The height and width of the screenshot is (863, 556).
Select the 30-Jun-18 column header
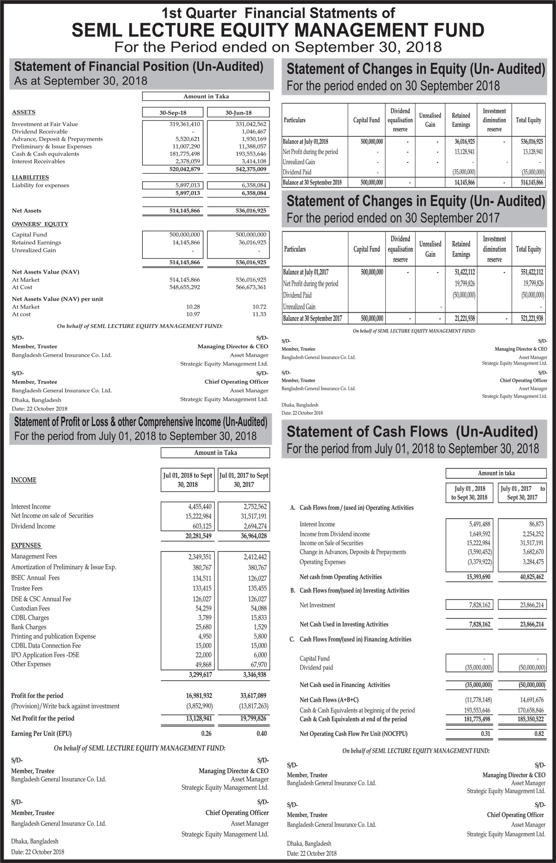coord(238,113)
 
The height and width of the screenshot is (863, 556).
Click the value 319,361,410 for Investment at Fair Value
coord(185,124)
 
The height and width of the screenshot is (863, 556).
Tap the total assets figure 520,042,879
coord(185,169)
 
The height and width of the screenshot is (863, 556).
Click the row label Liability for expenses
coord(41,186)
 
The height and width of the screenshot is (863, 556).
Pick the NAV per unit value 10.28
coord(193,307)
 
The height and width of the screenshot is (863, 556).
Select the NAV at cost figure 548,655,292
coord(185,287)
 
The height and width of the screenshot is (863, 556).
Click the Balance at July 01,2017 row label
coord(306,272)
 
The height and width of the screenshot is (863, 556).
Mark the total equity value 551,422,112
coord(532,272)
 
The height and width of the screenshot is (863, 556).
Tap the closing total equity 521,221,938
coord(532,318)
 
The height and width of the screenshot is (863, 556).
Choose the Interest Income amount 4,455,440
coord(200,507)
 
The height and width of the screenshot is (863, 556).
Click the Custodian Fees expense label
coord(31,608)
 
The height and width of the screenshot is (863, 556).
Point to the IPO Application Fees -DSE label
coord(45,655)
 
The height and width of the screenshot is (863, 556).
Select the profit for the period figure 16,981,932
coord(199,696)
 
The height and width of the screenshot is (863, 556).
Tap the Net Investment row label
coord(317,605)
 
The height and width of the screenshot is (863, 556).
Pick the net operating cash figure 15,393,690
coord(478,577)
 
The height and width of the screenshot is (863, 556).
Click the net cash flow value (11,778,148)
coord(478,700)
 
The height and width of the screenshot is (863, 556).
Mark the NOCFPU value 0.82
coord(539,734)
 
